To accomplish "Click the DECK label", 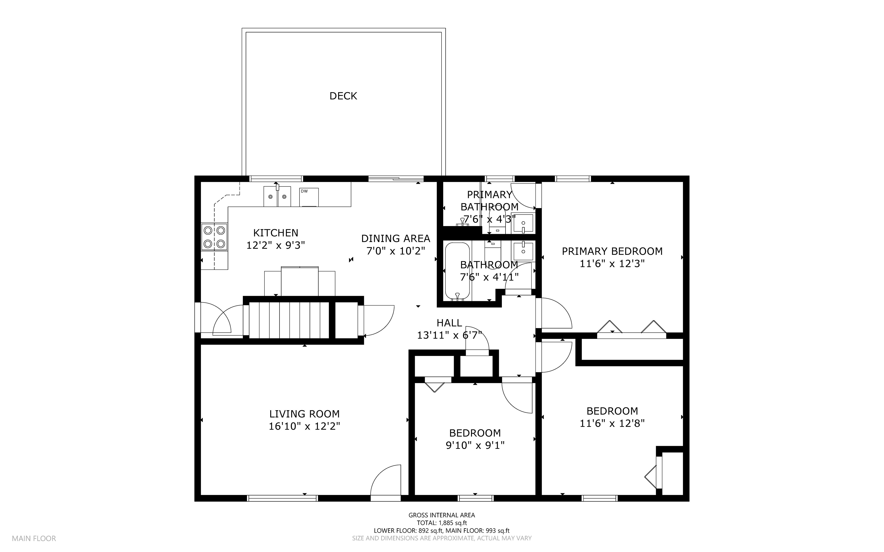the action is pyautogui.click(x=343, y=96).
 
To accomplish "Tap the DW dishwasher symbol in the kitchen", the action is pyautogui.click(x=309, y=197).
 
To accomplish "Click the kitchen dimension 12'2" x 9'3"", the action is pyautogui.click(x=276, y=245).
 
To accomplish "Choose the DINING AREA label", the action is pyautogui.click(x=396, y=239).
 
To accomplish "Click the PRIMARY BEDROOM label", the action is pyautogui.click(x=612, y=251).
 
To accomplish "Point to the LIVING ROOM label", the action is pyautogui.click(x=304, y=414).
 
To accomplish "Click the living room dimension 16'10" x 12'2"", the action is pyautogui.click(x=304, y=426).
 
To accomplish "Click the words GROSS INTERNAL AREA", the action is pyautogui.click(x=442, y=515).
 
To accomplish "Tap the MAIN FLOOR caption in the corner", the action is pyautogui.click(x=34, y=538).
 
